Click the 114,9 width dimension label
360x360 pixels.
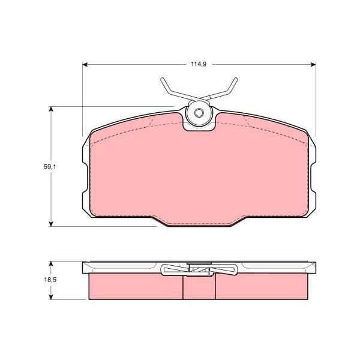pos(199,64)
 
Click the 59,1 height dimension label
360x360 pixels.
pos(50,167)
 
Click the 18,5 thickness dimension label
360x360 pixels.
pos(50,280)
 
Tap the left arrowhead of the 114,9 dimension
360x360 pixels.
pos(85,65)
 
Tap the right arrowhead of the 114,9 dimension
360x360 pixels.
pos(313,65)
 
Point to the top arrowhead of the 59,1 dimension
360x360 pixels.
pos(51,109)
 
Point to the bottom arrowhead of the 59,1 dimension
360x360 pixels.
pos(51,224)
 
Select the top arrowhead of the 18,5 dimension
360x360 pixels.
pos(51,264)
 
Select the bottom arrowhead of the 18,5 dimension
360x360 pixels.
pos(51,296)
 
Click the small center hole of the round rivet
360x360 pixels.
pos(199,113)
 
